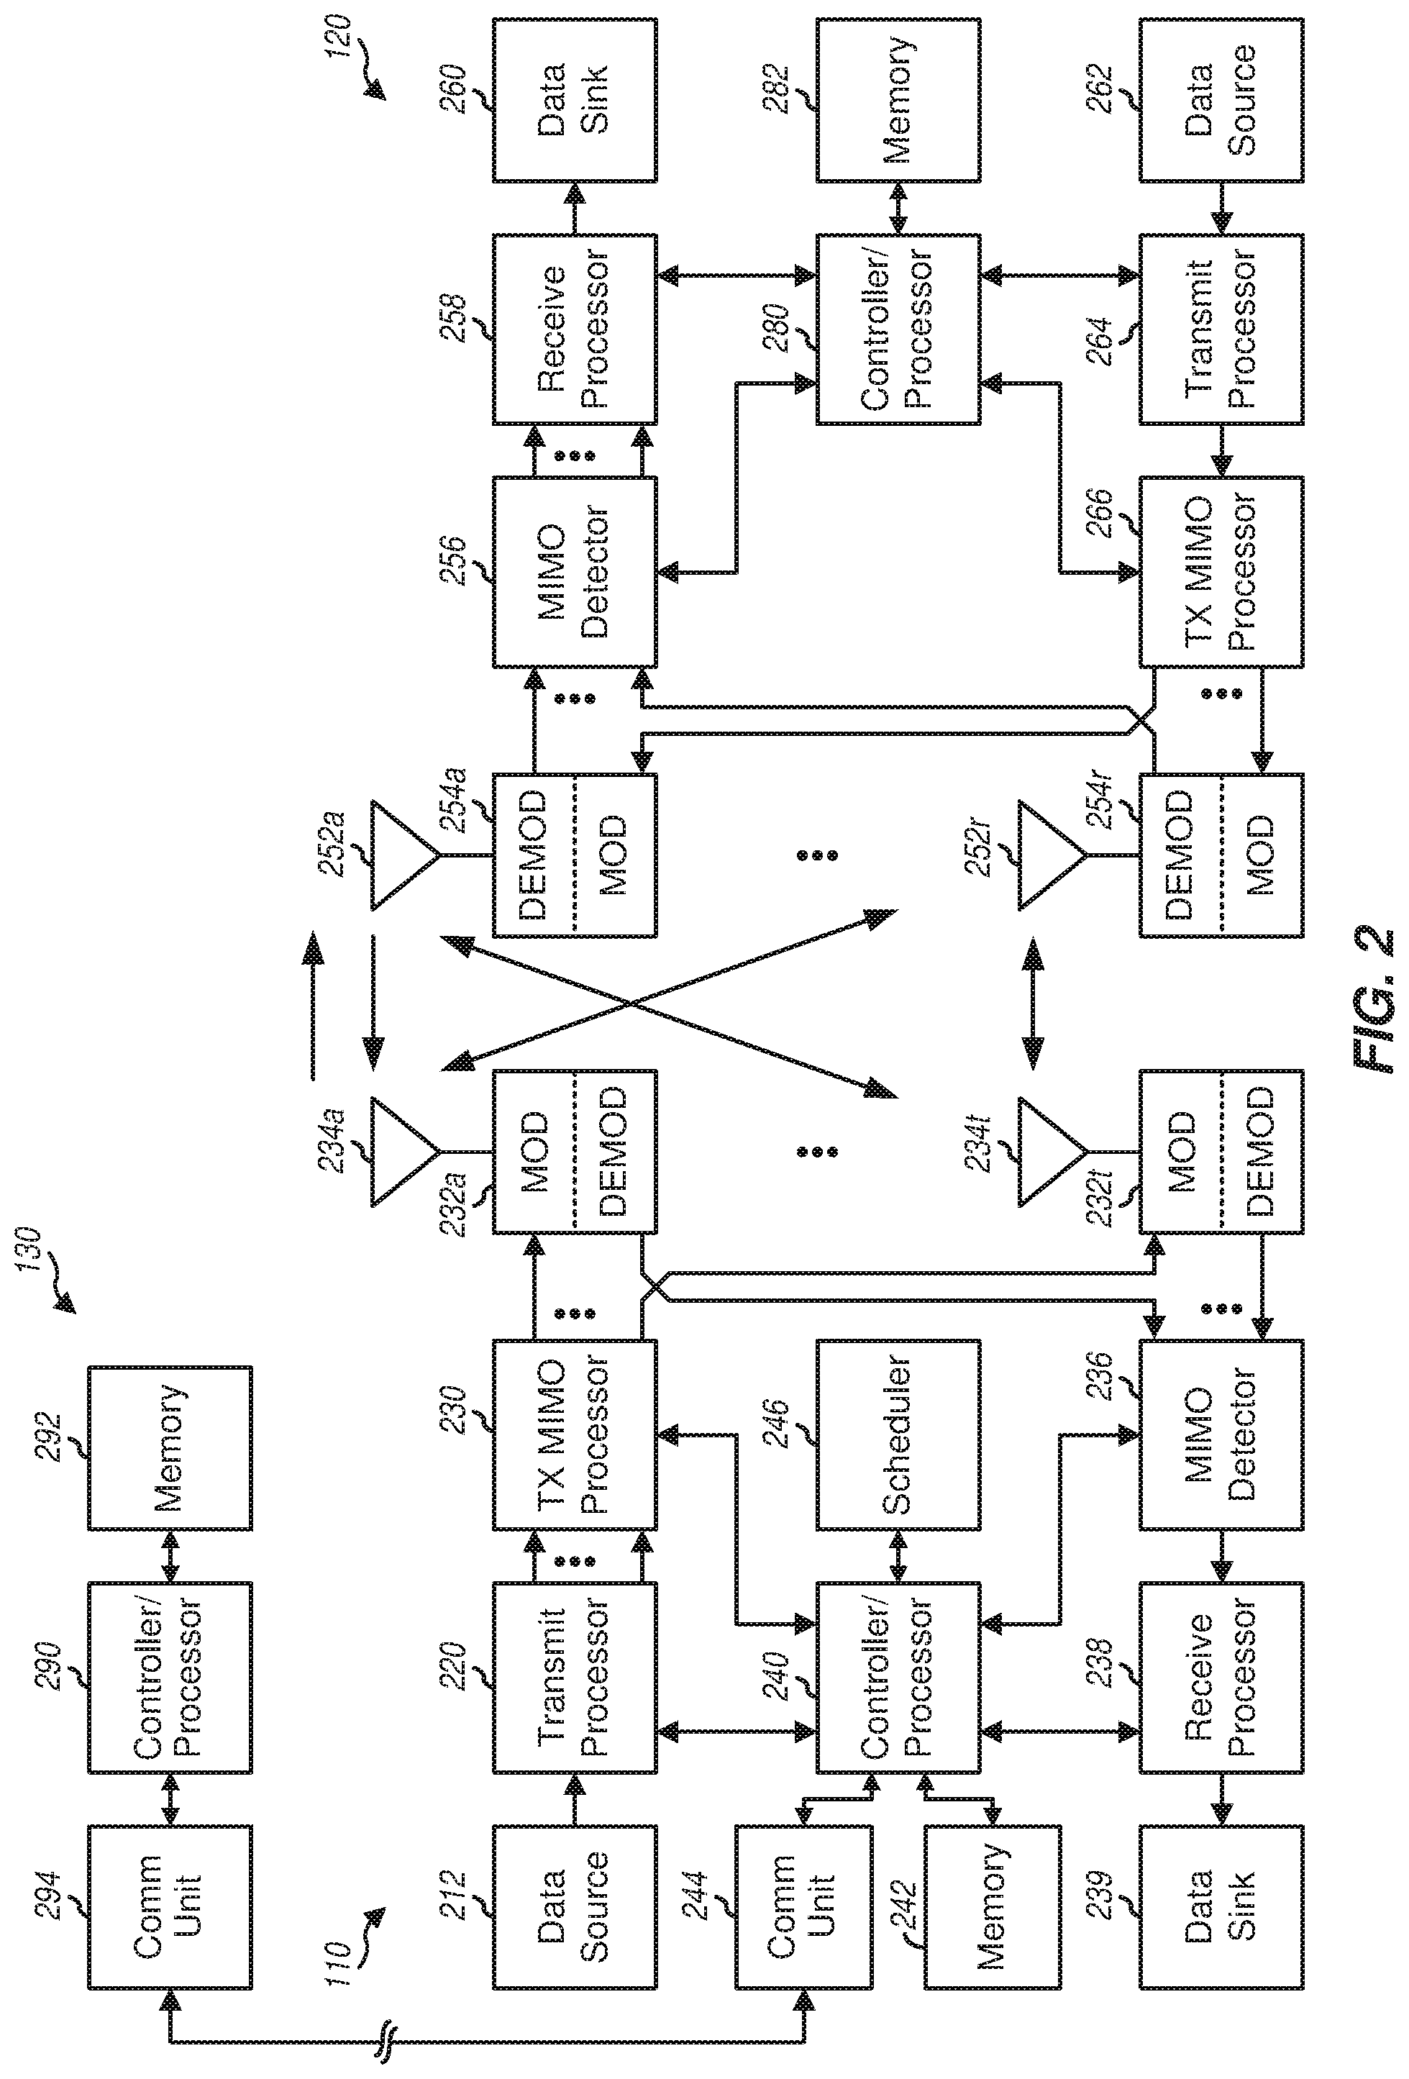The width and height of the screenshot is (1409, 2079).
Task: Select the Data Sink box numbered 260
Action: (573, 99)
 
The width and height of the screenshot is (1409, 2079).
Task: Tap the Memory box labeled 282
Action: (898, 99)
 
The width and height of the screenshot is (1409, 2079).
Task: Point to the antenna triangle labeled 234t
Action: (1050, 1150)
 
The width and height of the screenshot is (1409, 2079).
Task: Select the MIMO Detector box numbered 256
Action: (573, 572)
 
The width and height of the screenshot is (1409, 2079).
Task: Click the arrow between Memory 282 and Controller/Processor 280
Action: (898, 208)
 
